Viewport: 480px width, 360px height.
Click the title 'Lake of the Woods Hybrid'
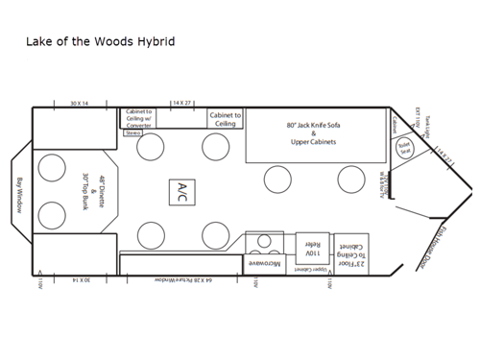[100, 42]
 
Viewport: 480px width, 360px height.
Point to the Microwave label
[264, 262]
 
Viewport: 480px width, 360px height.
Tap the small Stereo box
[133, 133]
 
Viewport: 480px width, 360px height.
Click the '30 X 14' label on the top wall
[79, 102]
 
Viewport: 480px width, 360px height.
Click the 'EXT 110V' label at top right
[419, 119]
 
